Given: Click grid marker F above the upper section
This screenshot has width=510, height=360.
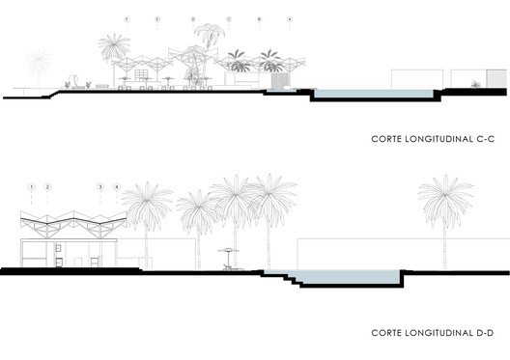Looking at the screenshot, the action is (x=127, y=19).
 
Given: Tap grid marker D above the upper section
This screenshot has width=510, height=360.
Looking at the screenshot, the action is (x=192, y=19).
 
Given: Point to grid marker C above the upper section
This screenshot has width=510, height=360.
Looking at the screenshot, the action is (x=228, y=19).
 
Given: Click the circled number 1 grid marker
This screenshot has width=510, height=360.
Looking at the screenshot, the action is (x=32, y=184).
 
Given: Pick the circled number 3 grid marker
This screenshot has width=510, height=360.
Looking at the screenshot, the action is (x=100, y=184).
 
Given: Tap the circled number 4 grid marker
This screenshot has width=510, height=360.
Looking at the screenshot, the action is (x=117, y=184).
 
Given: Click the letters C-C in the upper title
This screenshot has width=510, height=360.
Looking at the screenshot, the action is (x=480, y=139).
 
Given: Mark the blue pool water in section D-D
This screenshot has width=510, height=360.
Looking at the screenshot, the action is (x=348, y=278).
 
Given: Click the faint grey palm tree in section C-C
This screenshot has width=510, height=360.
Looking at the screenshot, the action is (x=39, y=66).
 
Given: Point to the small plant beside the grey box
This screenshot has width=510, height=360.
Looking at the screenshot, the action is (x=474, y=85).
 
